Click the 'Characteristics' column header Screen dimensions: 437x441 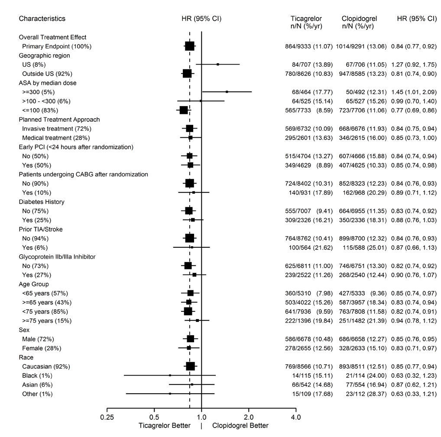click(x=42, y=19)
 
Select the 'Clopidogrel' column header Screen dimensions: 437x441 click(x=359, y=19)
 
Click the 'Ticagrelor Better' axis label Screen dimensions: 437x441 click(x=164, y=426)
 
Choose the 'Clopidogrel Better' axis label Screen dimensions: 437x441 click(x=240, y=426)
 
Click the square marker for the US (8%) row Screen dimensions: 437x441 click(x=218, y=64)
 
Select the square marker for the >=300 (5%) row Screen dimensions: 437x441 click(x=227, y=92)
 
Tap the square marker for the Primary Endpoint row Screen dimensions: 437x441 click(x=189, y=46)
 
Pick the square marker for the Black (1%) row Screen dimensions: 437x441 click(x=170, y=375)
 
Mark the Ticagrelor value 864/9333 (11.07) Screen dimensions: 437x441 click(x=312, y=46)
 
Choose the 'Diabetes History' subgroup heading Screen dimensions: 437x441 click(x=42, y=202)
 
